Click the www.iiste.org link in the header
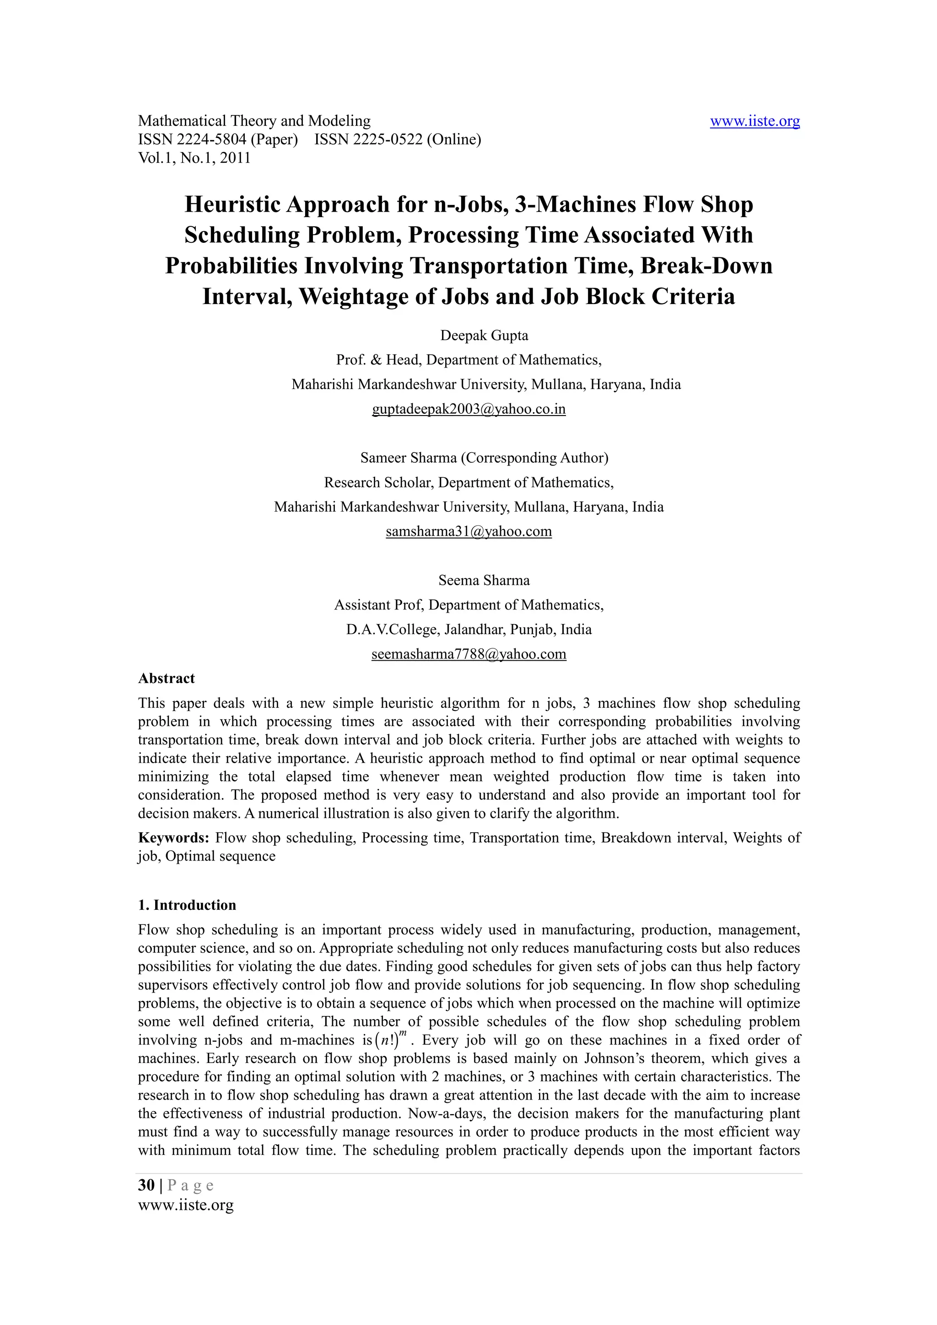(x=754, y=121)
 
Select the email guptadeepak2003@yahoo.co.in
(x=469, y=409)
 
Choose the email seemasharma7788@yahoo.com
(x=469, y=654)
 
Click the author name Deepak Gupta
(x=485, y=335)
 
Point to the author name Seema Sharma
(x=484, y=580)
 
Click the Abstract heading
(x=166, y=678)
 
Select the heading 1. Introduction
(x=187, y=905)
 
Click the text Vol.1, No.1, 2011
(x=194, y=158)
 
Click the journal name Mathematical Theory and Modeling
(x=254, y=121)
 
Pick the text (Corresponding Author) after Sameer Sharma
(x=534, y=458)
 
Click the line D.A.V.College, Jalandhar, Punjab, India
(x=469, y=629)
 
